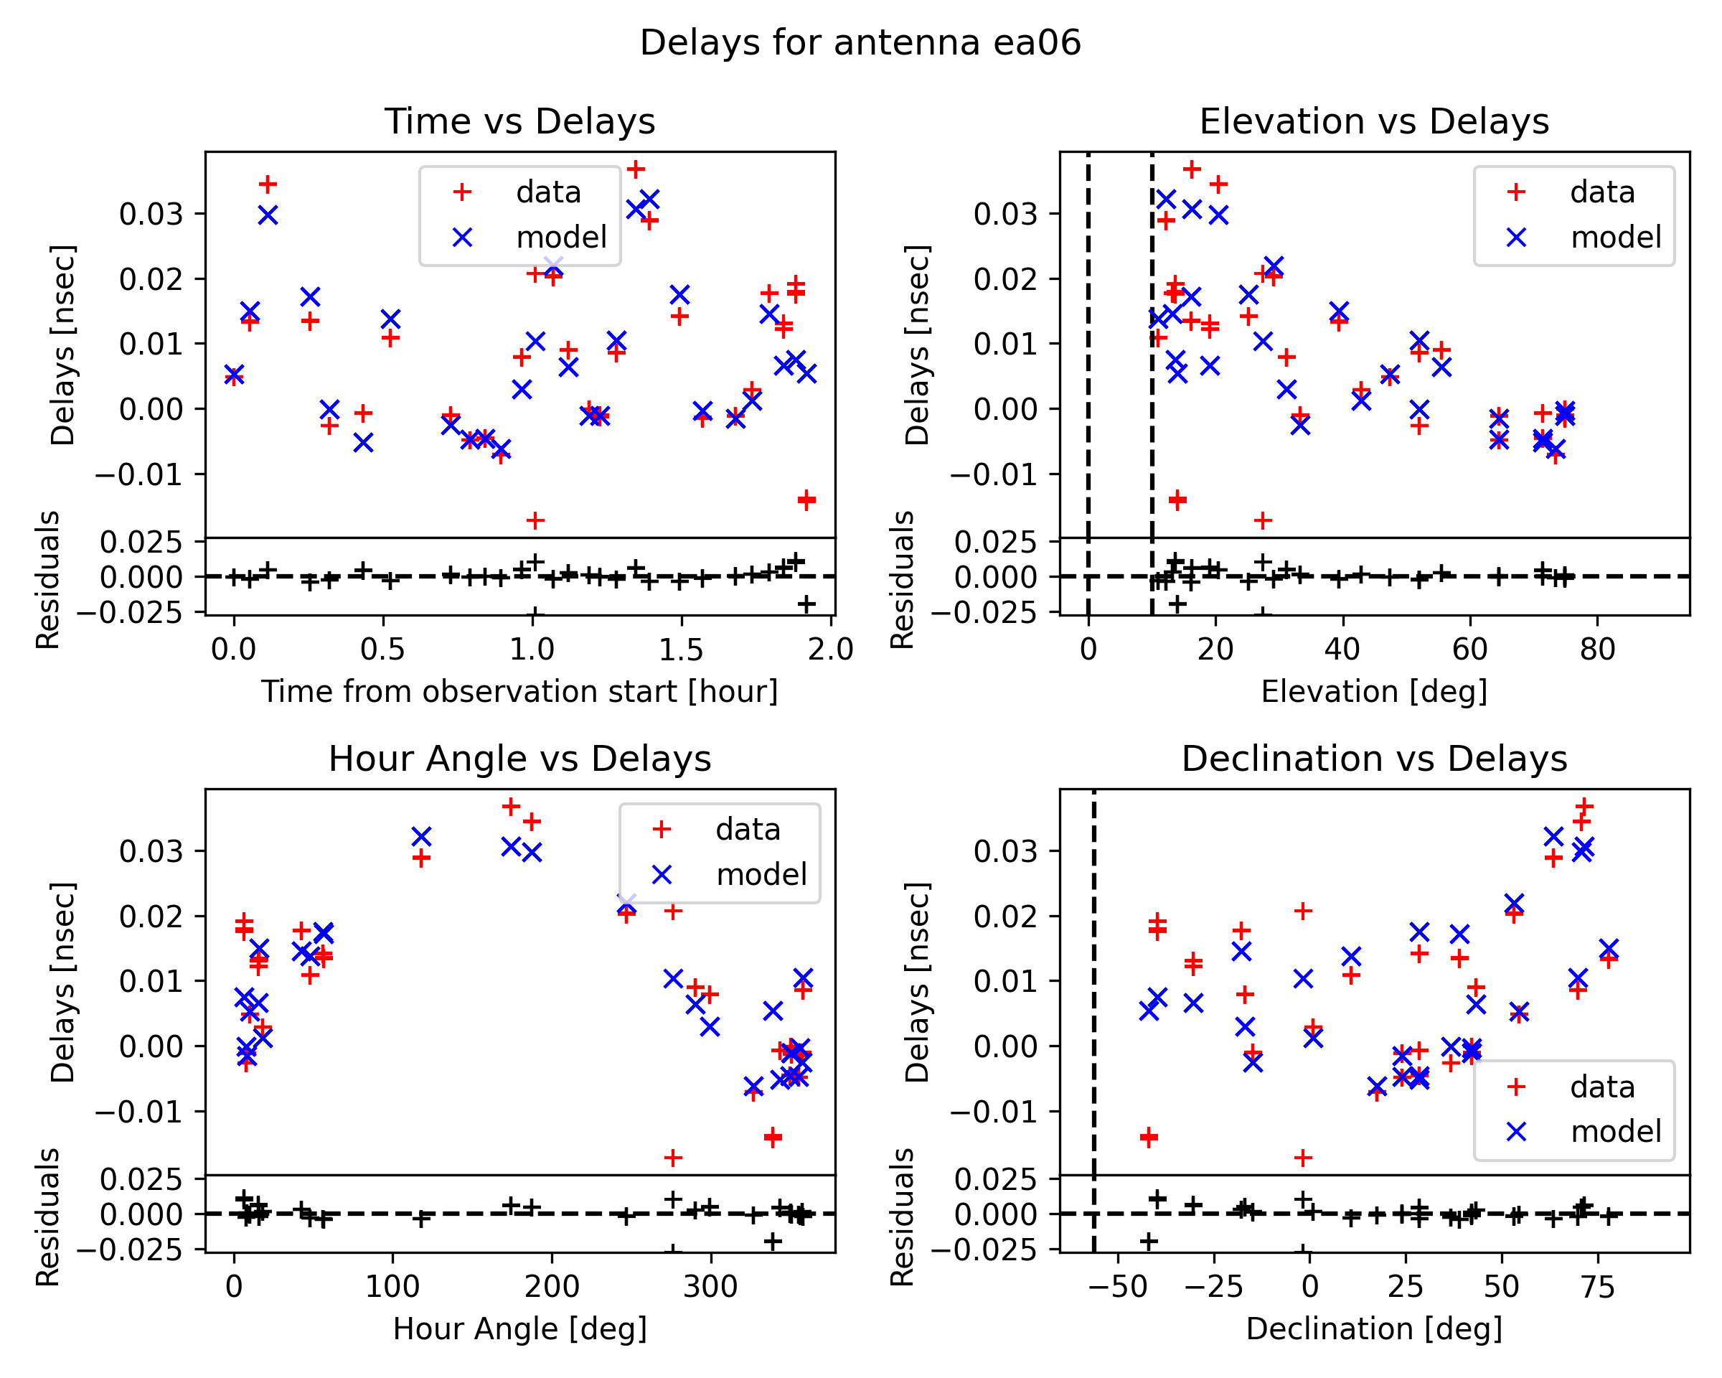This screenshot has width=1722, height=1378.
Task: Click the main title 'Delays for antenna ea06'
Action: coord(860,42)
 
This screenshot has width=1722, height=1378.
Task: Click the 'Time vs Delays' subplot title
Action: coord(520,121)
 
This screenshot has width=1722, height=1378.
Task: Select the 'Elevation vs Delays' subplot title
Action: coord(1374,121)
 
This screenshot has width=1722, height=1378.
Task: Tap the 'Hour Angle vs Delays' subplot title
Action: coord(520,759)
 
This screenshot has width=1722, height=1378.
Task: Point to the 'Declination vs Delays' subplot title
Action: coord(1374,759)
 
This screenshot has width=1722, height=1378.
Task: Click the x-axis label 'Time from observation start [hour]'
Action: coord(520,692)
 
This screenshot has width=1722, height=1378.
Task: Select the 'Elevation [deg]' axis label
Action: coord(1374,692)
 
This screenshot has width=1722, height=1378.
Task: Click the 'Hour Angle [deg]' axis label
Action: coord(520,1329)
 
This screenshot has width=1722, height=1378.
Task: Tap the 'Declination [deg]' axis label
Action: coord(1374,1329)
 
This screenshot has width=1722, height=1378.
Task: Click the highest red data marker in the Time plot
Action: coord(636,169)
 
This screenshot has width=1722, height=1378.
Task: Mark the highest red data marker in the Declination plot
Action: coord(1585,807)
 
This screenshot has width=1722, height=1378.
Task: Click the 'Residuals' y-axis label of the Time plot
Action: coord(48,580)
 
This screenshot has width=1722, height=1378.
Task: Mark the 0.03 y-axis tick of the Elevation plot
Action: coord(1004,214)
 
